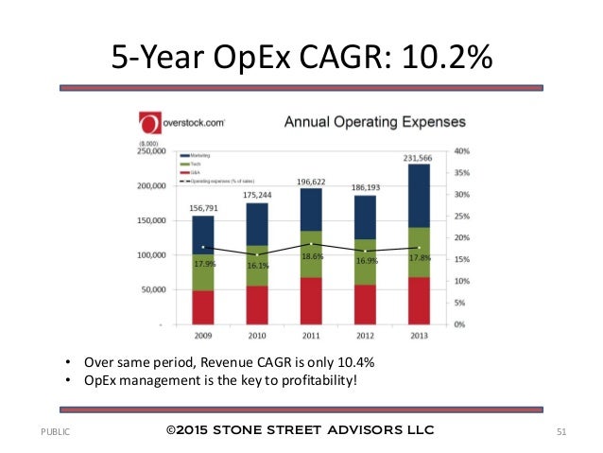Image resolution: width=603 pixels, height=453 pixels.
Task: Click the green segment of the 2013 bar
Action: click(x=421, y=253)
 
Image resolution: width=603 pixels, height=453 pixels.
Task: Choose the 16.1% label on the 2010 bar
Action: click(x=259, y=266)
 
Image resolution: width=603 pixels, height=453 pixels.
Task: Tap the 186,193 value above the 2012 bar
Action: click(x=367, y=186)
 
